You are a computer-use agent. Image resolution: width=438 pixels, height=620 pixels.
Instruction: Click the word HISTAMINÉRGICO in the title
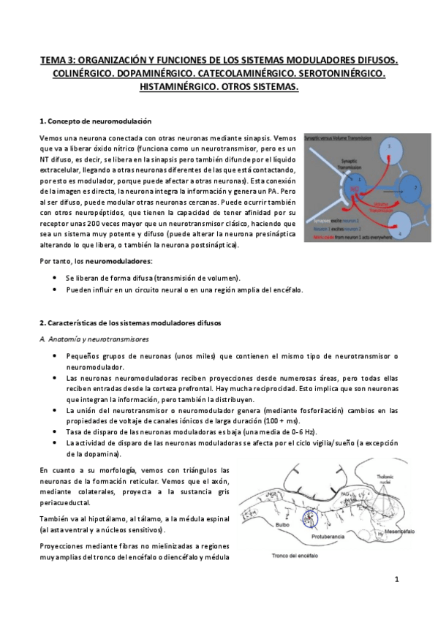pos(175,86)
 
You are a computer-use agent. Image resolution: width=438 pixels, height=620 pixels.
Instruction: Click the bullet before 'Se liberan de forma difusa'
pos(56,279)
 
